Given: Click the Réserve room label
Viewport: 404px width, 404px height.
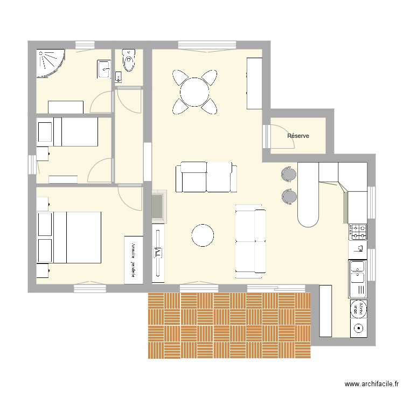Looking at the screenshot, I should [298, 136].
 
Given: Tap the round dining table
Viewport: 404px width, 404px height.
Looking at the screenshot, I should [195, 92].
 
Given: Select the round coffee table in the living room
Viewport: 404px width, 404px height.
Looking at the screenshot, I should [203, 235].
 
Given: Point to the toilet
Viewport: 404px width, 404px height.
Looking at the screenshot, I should [129, 61].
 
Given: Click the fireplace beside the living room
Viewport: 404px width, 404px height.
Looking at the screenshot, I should [159, 206].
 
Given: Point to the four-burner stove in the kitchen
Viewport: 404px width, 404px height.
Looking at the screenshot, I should [359, 232].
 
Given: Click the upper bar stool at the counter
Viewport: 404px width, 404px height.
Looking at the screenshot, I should [288, 174].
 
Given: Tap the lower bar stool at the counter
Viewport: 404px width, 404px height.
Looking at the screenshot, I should [288, 196].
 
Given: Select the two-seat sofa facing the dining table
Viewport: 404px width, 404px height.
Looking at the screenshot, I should [206, 177].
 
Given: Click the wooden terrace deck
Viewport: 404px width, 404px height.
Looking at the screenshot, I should [229, 325].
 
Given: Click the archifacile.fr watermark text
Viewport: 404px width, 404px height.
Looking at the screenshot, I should [371, 385].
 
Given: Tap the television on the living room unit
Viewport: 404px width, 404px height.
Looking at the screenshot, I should [158, 252].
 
